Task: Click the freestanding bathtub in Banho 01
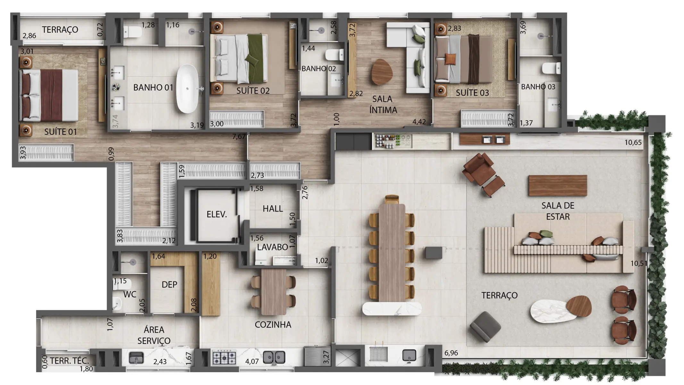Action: click(188, 89)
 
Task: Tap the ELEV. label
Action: click(217, 214)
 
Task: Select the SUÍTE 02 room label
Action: click(253, 91)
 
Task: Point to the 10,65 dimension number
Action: click(633, 142)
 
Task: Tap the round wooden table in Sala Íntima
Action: click(382, 72)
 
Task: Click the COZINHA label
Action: click(273, 325)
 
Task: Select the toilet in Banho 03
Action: click(551, 68)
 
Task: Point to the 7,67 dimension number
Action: click(239, 137)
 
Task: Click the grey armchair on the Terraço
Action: click(485, 327)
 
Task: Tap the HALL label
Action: click(273, 209)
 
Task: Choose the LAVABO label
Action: click(272, 247)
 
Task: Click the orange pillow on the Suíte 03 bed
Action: click(450, 59)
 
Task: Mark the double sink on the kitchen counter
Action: click(274, 357)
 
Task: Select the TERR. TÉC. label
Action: click(69, 361)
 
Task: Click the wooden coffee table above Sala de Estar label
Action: click(557, 185)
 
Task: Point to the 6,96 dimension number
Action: click(451, 353)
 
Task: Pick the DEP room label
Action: click(169, 285)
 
